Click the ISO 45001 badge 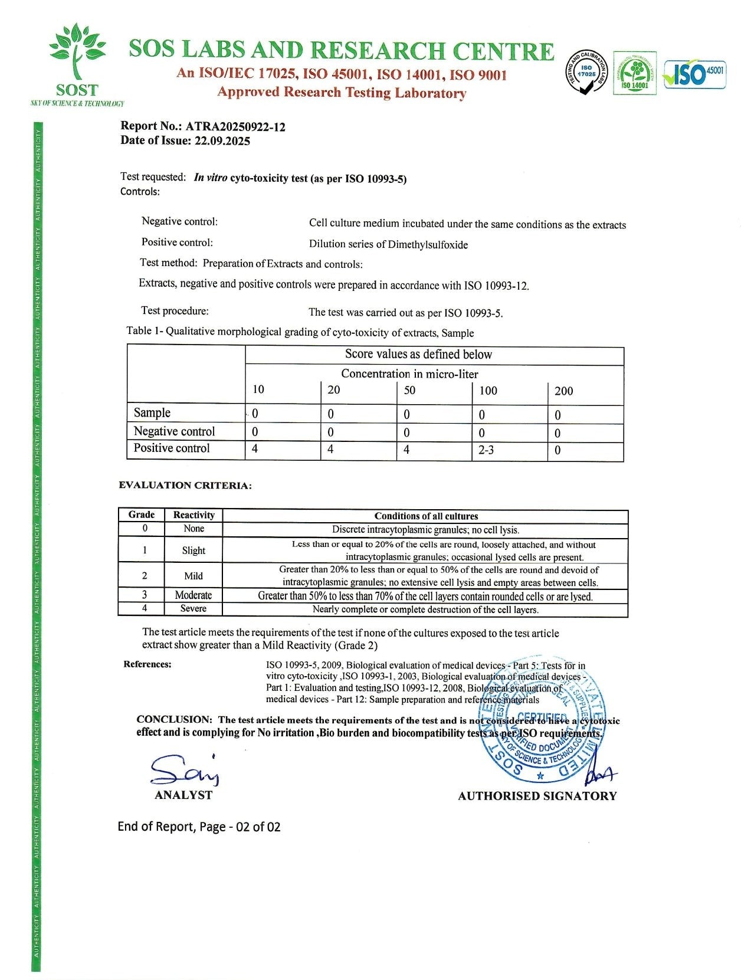pos(695,74)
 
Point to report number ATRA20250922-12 pos(235,126)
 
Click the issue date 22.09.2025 pos(222,141)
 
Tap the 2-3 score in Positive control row pos(486,450)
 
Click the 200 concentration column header pos(563,391)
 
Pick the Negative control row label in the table pos(174,431)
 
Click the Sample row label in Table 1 pos(152,412)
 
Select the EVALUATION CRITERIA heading pos(185,486)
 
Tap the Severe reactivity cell pos(194,608)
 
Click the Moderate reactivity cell pos(194,595)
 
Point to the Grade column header pos(142,514)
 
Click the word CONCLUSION pos(173,719)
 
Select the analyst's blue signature pos(185,769)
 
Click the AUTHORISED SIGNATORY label pos(537,796)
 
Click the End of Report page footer pos(199,827)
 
